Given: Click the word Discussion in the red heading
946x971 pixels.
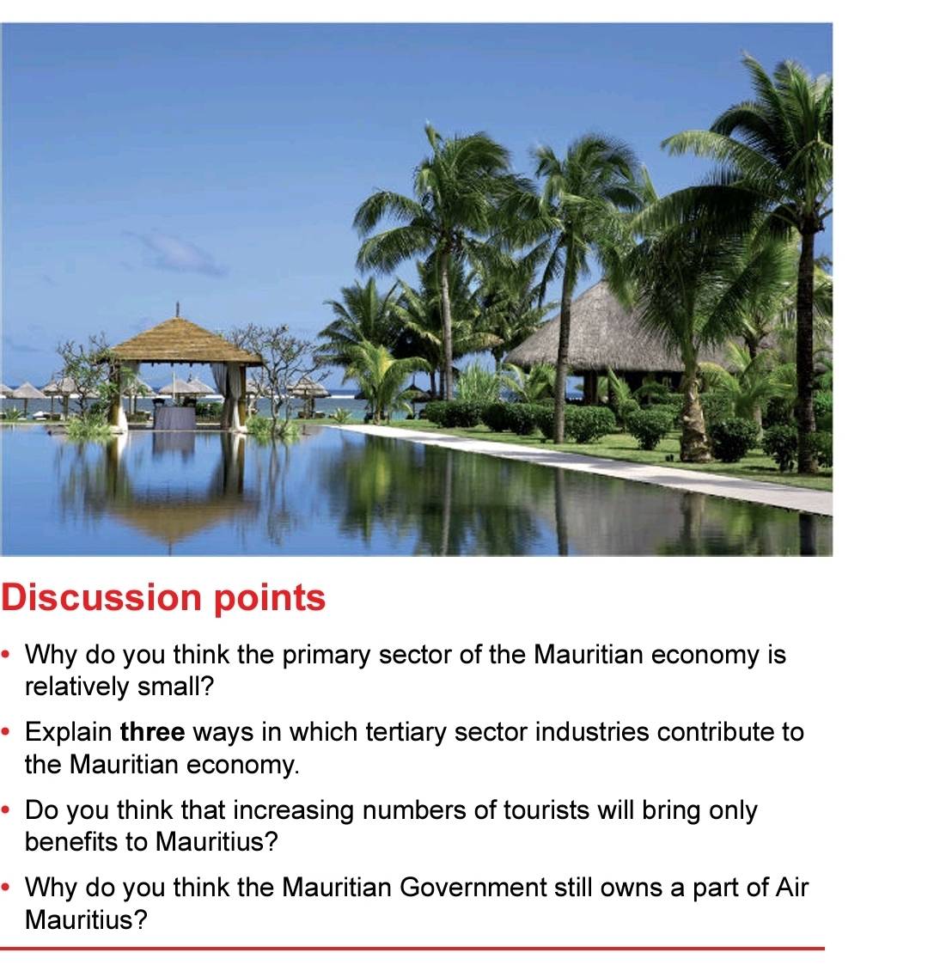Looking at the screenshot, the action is click(101, 597).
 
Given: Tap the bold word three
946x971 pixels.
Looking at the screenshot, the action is click(152, 732).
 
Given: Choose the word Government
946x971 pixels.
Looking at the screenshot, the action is click(473, 888).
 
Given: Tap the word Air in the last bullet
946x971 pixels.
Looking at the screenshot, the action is click(792, 888).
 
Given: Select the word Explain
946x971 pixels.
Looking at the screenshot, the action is click(68, 733).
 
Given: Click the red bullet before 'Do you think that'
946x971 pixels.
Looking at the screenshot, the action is click(6, 810).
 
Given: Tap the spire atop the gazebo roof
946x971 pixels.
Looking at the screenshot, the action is click(178, 309).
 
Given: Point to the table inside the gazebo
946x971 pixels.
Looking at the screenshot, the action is click(174, 417).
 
